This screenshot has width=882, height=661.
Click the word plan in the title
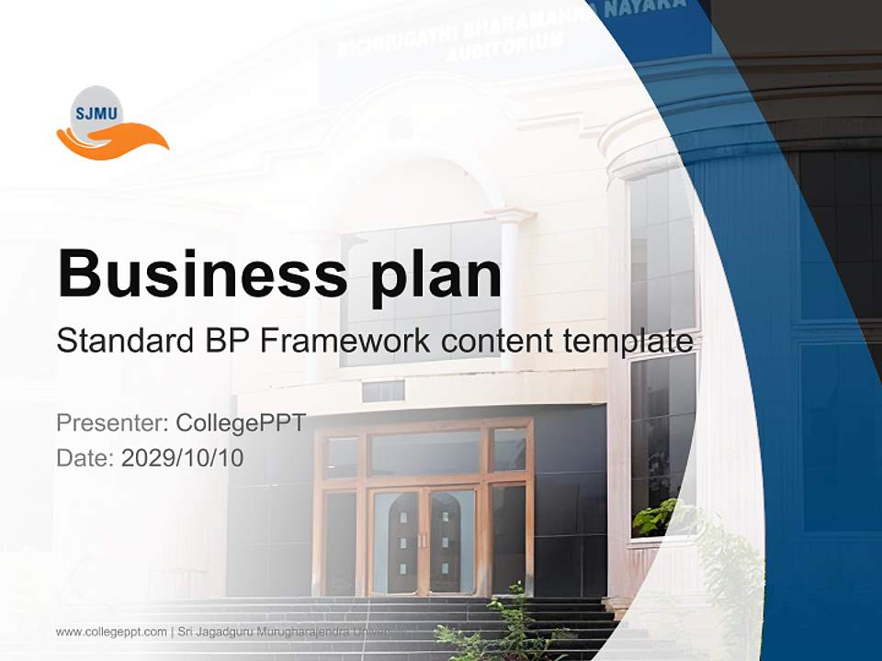[x=436, y=275]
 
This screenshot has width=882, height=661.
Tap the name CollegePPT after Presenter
[x=241, y=423]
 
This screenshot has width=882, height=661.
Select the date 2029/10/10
[x=183, y=457]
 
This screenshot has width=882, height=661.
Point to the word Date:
[x=85, y=457]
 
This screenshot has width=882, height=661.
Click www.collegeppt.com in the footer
[x=111, y=632]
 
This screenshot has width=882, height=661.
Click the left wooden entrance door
[x=396, y=542]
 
